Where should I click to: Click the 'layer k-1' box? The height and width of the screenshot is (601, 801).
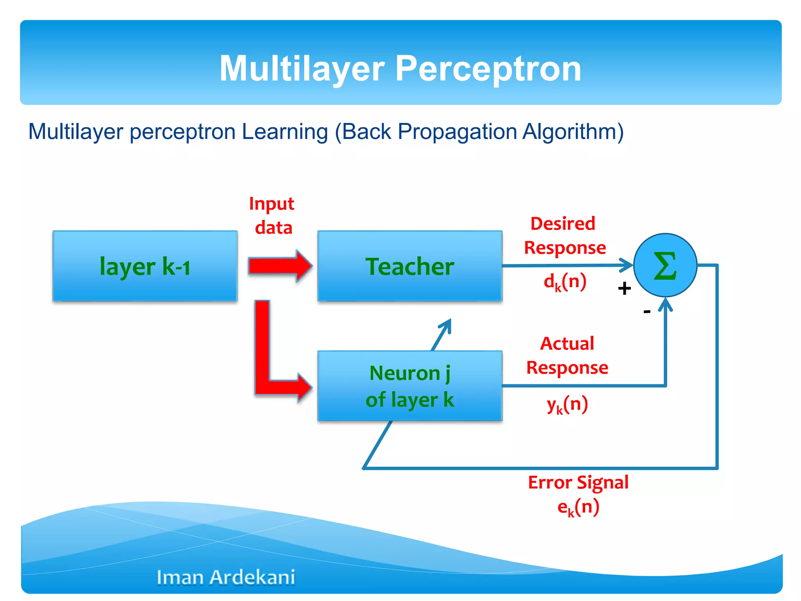[145, 266]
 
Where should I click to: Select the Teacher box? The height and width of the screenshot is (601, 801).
[409, 266]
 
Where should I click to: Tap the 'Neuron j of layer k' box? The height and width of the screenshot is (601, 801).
[409, 386]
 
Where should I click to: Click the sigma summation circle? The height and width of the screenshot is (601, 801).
[665, 265]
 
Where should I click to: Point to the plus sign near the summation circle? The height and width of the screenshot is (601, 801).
[625, 288]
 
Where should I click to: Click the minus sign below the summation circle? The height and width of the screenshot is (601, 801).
[647, 311]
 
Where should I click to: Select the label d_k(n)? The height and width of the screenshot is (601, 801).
[565, 282]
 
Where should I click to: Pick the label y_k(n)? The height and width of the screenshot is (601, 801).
[567, 404]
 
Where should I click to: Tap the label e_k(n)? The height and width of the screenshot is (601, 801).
[578, 507]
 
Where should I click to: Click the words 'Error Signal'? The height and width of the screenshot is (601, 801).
[578, 482]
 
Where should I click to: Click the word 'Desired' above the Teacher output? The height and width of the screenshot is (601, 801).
[563, 224]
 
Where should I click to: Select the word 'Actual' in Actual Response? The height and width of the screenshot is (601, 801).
[567, 344]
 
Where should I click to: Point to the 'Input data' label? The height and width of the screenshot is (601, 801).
[272, 216]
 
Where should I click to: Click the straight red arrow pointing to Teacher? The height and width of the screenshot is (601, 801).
[280, 266]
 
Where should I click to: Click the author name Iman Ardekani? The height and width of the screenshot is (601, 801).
[226, 577]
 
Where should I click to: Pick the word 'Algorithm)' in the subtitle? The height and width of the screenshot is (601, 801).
[573, 131]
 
